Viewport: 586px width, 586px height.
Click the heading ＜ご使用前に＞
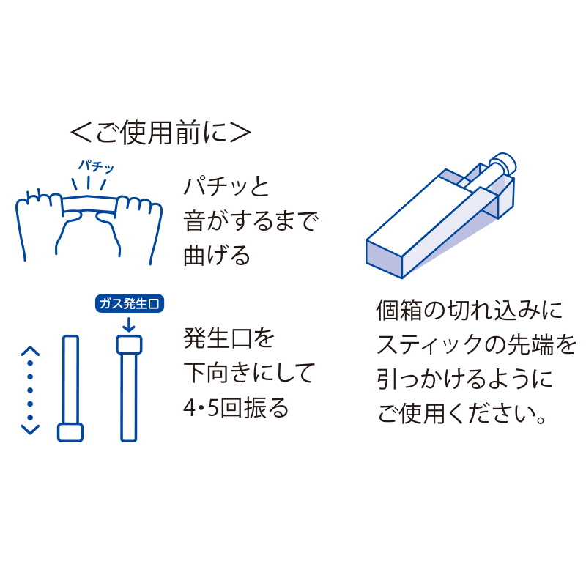[x=160, y=132]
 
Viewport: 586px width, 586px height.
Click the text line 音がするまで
[x=251, y=220]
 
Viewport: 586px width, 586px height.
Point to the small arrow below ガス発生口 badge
[x=129, y=324]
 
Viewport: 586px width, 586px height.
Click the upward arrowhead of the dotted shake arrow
[x=29, y=352]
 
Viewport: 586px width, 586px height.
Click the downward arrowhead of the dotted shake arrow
[x=29, y=429]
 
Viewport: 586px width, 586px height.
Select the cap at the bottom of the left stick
[x=70, y=431]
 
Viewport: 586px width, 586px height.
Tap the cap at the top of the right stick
[x=129, y=344]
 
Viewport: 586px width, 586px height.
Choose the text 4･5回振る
[x=236, y=407]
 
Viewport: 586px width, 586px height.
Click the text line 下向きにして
[x=249, y=373]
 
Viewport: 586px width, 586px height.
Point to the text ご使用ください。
[x=462, y=415]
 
